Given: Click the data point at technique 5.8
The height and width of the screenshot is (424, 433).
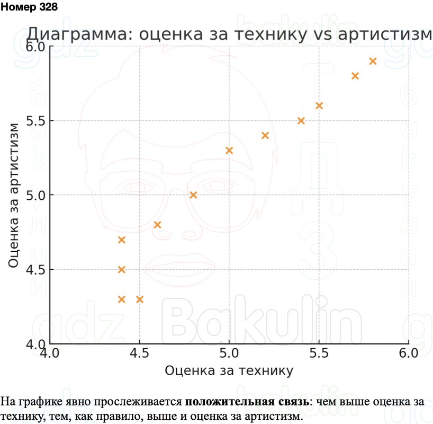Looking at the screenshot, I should pos(373,61).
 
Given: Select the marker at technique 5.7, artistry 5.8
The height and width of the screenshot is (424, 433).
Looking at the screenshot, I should pos(355,76).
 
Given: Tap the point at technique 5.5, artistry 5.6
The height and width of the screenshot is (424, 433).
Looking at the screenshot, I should pos(319,105).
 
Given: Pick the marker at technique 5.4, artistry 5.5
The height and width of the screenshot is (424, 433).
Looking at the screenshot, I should pos(301,121).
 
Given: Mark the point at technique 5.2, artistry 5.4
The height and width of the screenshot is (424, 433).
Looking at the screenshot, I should pos(265,135).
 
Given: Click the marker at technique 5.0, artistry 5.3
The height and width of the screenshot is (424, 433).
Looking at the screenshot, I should pos(229,151).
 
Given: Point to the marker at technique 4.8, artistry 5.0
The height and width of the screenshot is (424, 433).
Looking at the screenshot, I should pos(193,195).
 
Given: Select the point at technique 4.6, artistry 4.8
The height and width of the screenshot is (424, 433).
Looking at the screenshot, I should pos(157,225).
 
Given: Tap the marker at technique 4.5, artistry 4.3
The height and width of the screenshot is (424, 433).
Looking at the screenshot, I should pos(140,299).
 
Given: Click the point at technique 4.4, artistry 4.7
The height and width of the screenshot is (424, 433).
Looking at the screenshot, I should pos(121,240).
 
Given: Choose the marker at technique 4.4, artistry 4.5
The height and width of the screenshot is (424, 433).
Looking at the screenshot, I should pos(121,270).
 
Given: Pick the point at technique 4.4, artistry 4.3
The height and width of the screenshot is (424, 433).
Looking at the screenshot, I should pos(121,299).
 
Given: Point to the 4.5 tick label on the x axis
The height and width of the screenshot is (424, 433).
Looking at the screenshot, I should pos(139,353).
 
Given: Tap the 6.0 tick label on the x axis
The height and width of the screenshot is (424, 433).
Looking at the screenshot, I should pos(408,353).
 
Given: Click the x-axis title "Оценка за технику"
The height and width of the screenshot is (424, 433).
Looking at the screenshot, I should pos(229,370).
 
